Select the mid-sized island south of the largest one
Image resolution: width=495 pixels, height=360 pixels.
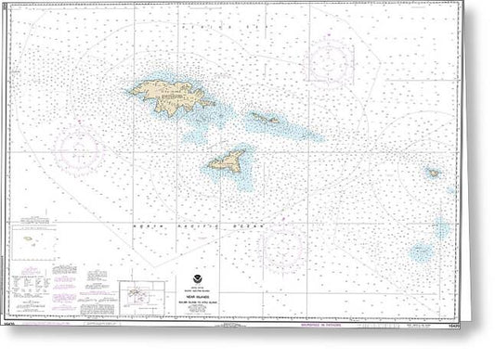228,161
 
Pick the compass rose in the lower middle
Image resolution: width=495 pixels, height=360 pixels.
283,244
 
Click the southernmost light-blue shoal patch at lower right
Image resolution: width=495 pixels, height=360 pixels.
423,251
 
